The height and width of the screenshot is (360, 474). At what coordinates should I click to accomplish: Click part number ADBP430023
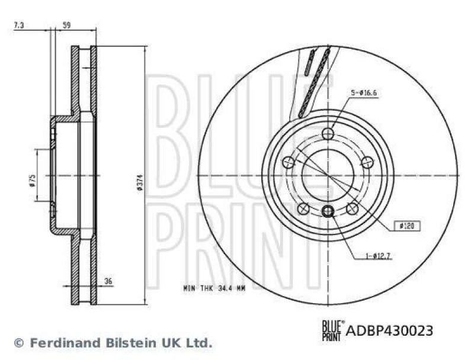coord(388,330)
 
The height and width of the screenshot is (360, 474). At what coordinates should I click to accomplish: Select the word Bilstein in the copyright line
coord(120,342)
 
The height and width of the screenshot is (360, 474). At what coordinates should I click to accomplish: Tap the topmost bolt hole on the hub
coord(328,133)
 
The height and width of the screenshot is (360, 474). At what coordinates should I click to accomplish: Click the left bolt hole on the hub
coord(289,162)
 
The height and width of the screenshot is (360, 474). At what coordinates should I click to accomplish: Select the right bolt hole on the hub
coord(367,162)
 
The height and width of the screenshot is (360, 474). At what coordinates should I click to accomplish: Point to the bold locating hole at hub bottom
coord(328,212)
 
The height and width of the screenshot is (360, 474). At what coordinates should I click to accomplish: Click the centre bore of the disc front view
coord(328,175)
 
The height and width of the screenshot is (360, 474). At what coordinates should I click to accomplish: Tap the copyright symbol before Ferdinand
coord(18,342)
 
